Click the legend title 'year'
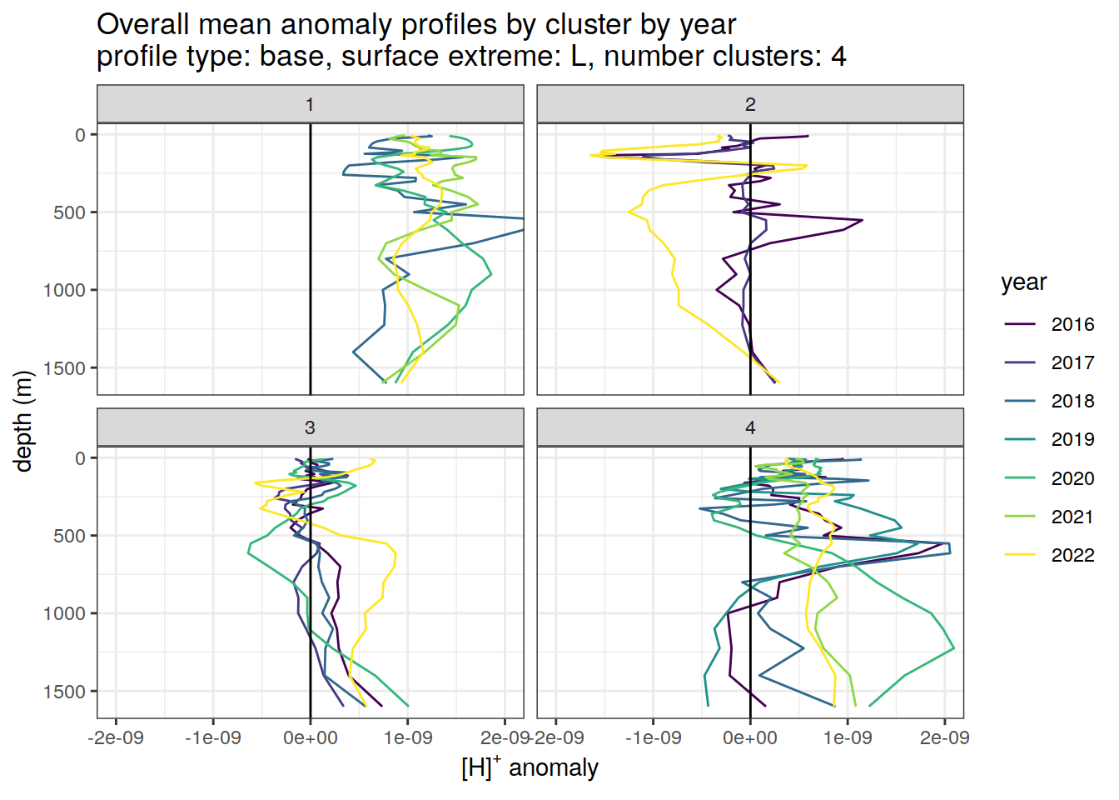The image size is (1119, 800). click(1023, 282)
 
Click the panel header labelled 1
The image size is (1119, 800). click(310, 104)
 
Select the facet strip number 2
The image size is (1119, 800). click(750, 104)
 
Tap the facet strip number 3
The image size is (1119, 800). click(310, 427)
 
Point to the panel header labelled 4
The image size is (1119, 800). click(750, 427)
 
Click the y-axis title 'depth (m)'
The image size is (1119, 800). click(23, 421)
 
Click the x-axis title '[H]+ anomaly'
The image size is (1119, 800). click(530, 767)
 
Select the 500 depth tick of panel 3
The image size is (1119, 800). click(70, 536)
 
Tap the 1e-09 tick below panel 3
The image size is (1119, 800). click(408, 737)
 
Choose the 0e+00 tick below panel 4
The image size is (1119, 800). click(750, 737)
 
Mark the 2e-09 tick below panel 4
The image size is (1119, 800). click(945, 737)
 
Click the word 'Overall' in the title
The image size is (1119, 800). click(141, 24)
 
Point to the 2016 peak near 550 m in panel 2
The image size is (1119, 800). click(863, 221)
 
